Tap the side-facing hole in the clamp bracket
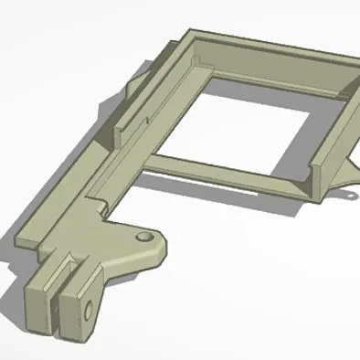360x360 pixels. [x=90, y=310]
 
